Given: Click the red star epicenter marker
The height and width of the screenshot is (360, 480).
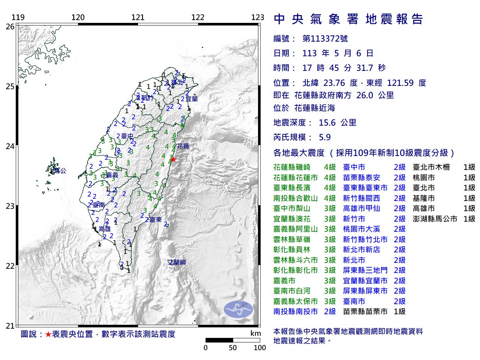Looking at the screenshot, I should (x=173, y=159).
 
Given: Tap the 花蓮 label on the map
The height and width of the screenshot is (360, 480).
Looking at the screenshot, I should (x=183, y=146).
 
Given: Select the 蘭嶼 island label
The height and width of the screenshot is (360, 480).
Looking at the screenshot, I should (x=177, y=262).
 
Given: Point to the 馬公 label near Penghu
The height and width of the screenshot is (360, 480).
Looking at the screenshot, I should (x=60, y=171).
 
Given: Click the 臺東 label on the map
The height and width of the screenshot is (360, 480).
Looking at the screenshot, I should (x=155, y=220).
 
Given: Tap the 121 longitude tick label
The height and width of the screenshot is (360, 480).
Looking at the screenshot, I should (x=138, y=17).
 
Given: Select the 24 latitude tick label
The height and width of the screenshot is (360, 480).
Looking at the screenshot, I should (x=10, y=146).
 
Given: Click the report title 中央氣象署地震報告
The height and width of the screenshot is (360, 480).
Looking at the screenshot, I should (x=348, y=19).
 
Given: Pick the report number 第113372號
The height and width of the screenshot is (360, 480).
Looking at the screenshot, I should (x=325, y=39).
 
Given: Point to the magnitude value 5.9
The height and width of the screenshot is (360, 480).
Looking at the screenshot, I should (x=324, y=137).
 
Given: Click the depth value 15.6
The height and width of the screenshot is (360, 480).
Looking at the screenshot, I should (x=327, y=123).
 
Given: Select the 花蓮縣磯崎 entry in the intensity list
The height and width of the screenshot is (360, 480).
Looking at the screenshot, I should (x=292, y=168).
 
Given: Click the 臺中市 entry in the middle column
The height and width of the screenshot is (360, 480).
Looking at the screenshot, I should (x=354, y=168).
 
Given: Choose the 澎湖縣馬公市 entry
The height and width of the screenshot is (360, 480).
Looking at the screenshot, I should (x=435, y=219).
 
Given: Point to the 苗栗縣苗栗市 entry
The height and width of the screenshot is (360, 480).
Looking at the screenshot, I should (x=365, y=312).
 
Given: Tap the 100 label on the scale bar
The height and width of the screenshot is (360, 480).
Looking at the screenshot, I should (x=259, y=348).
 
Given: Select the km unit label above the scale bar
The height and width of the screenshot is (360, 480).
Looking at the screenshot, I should (x=255, y=333).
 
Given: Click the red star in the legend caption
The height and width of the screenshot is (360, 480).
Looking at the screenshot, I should (x=48, y=334).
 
